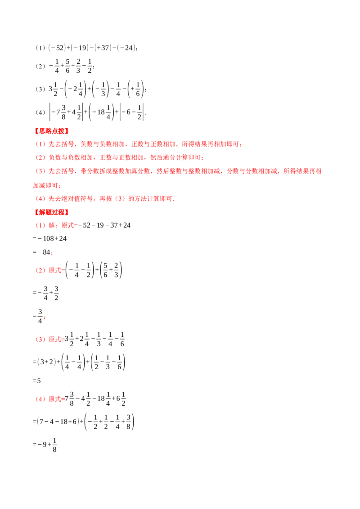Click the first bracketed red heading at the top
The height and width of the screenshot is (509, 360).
[50, 131]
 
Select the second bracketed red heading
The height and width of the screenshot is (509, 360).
[50, 212]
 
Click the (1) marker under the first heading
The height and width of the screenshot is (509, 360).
[40, 144]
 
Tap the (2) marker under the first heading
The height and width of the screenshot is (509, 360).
[40, 158]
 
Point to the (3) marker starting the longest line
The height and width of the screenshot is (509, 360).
[40, 171]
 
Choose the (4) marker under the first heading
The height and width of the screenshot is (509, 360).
[40, 199]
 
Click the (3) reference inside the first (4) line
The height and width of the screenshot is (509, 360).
[119, 199]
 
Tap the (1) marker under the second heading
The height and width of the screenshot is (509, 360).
[40, 226]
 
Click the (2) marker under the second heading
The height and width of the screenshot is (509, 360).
[40, 270]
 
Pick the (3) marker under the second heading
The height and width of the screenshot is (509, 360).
[40, 339]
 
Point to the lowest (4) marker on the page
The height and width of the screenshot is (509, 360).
[40, 399]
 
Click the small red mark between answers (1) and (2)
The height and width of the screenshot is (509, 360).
[52, 255]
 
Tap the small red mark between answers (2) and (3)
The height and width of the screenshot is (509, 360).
[45, 317]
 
